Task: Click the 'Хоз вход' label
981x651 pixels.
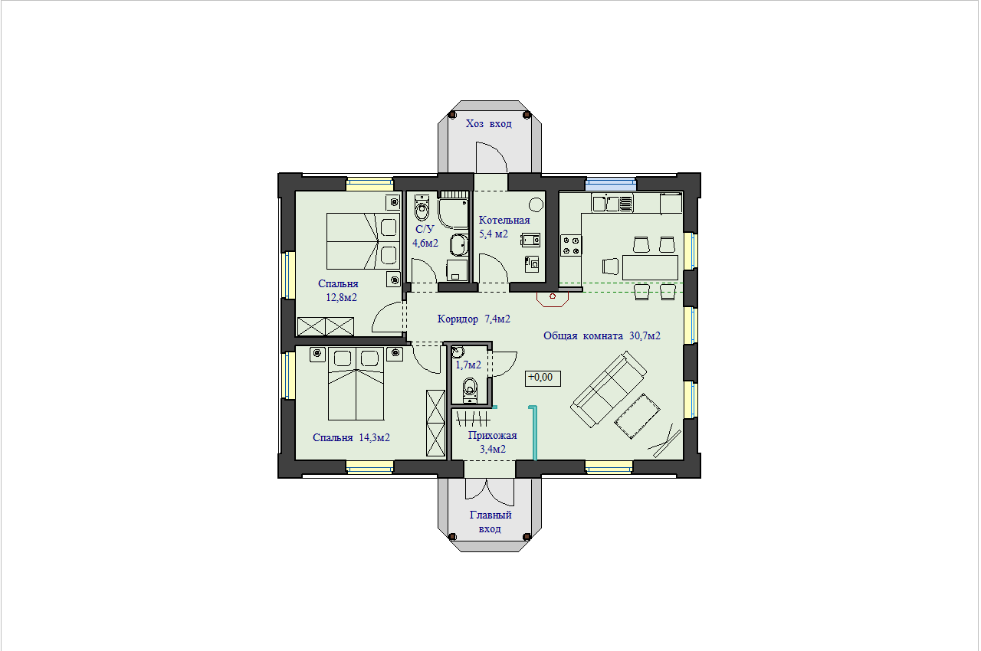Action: pos(488,124)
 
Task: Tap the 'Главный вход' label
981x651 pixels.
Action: pos(490,522)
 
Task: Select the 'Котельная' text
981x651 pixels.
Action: pos(504,220)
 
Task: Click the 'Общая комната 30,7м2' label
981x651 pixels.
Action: pos(602,335)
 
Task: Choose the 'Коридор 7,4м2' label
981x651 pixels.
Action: pos(474,319)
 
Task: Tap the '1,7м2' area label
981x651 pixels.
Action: pos(468,365)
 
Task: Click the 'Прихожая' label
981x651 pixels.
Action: pos(492,435)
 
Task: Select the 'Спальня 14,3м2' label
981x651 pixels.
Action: pos(351,437)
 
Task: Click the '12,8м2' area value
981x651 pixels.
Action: pos(341,297)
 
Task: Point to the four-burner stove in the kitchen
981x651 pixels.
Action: pos(571,245)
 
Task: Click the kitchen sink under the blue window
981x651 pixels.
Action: pos(612,204)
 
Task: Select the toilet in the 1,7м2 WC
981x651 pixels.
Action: pos(470,390)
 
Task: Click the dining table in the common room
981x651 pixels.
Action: pos(650,267)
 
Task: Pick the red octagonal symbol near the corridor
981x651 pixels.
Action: pos(553,299)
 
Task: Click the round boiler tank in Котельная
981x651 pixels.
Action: pos(536,204)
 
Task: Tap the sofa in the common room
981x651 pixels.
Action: pos(609,389)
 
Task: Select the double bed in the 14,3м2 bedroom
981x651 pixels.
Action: pos(356,384)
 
